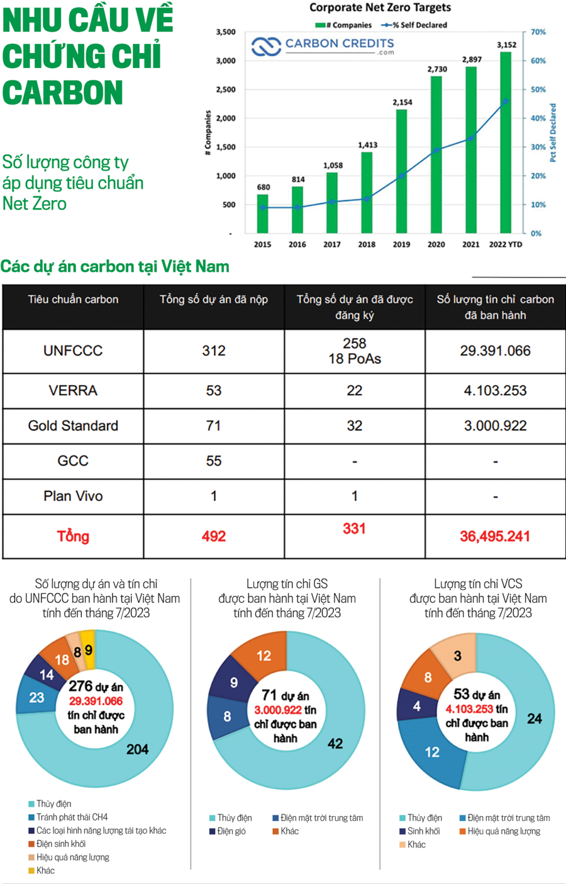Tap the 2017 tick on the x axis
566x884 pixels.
click(x=331, y=244)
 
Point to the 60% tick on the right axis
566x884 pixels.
click(x=538, y=61)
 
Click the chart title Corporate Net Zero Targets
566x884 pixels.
click(x=380, y=8)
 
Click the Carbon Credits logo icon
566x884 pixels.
click(x=266, y=47)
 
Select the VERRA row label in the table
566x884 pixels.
click(x=73, y=391)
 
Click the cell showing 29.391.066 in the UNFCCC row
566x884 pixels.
click(x=495, y=351)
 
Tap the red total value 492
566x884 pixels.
click(x=214, y=536)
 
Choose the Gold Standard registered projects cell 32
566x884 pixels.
click(x=355, y=426)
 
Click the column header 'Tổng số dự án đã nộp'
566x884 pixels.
click(x=214, y=299)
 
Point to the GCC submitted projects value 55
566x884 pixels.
click(x=214, y=461)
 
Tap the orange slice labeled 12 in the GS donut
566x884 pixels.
click(x=264, y=656)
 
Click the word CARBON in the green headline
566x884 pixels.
click(x=63, y=92)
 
